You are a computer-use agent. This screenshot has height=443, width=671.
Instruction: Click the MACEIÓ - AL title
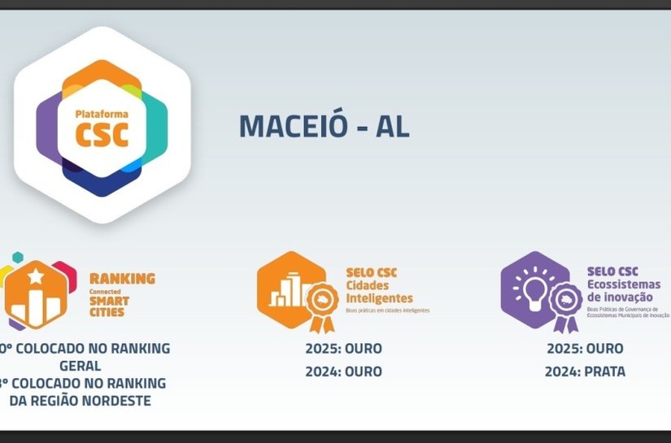(x=324, y=125)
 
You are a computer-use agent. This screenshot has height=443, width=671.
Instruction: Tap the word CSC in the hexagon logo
(x=102, y=134)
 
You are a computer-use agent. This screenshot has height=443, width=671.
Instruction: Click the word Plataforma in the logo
(x=102, y=115)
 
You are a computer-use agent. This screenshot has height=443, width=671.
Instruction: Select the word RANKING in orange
(x=122, y=278)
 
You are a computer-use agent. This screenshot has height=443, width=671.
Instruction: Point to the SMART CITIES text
(x=109, y=307)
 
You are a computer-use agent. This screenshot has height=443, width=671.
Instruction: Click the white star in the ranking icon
(x=37, y=278)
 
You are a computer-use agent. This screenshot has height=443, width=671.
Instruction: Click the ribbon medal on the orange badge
(x=322, y=304)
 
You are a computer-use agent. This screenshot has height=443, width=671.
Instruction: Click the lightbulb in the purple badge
(x=534, y=289)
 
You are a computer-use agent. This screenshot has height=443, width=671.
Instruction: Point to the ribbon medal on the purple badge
(x=565, y=304)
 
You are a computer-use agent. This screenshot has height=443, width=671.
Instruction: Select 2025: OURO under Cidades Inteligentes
(x=343, y=349)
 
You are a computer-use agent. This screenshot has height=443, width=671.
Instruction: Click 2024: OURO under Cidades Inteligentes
(x=343, y=371)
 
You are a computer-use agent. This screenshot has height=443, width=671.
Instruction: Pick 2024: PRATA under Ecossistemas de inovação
(x=585, y=371)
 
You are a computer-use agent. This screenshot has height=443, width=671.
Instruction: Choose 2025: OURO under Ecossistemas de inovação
(x=585, y=349)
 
